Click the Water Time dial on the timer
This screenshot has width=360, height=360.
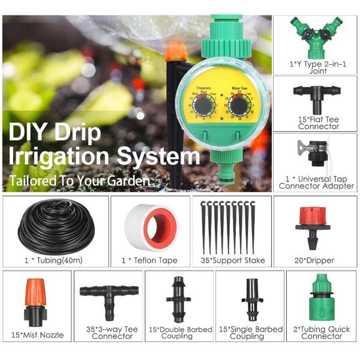[239, 107]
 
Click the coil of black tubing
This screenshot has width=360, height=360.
[56, 226]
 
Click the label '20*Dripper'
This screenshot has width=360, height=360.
[314, 260]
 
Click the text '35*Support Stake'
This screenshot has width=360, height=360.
[232, 260]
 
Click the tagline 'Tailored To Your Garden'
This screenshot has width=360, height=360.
[78, 180]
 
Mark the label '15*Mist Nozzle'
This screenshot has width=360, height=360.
[37, 335]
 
